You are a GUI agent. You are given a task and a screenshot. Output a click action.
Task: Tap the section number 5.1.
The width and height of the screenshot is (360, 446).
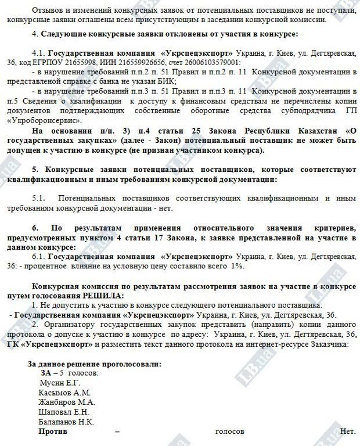click(x=39, y=198)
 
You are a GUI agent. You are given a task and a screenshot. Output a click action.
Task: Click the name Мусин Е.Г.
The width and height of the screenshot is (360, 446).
click(x=59, y=383)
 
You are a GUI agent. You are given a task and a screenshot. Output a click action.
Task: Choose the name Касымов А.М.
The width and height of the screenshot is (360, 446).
click(x=64, y=393)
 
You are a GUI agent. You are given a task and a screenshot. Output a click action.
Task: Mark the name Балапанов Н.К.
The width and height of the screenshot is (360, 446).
click(x=66, y=422)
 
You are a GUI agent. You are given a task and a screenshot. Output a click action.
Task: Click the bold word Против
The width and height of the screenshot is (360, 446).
click(x=52, y=432)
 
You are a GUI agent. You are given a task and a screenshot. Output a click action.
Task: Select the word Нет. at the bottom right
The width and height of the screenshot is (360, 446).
click(x=347, y=432)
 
